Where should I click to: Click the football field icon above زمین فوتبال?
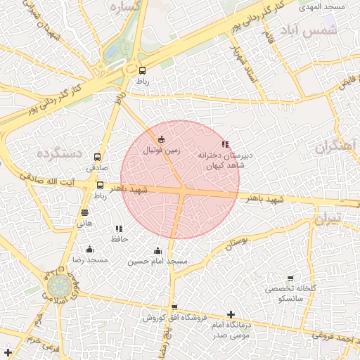pos(162,139)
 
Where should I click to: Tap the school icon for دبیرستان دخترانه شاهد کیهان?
pos(225,143)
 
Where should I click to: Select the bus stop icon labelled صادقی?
pos(97,157)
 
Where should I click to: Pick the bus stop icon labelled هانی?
pos(85,212)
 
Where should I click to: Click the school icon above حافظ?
pos(119,229)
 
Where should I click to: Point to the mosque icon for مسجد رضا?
pos(89,249)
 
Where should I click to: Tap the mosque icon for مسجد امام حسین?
pos(157,251)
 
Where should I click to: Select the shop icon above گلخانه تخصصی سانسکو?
pos(290,278)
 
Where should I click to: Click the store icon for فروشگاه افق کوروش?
pos(174,307)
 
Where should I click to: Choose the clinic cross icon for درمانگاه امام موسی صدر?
pos(231,314)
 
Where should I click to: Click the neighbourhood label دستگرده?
pos(60,153)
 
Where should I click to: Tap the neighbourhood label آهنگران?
pos(337,147)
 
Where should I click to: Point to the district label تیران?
pos(327,219)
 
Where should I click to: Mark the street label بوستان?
pos(238,243)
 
